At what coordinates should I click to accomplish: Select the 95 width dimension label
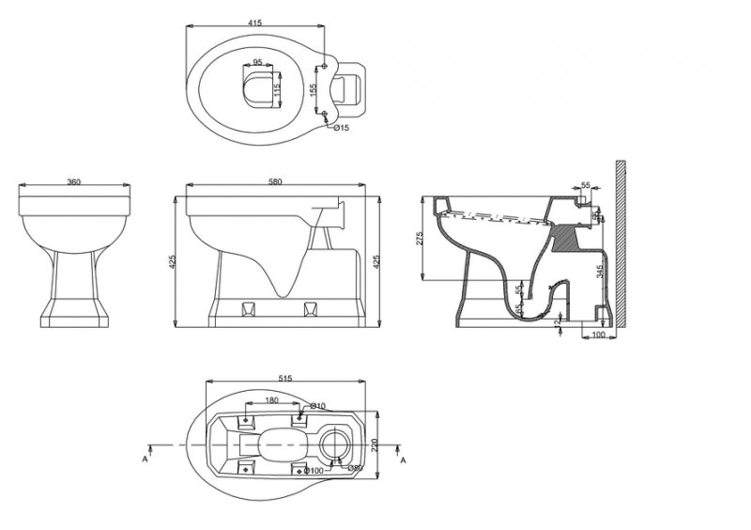click(256, 66)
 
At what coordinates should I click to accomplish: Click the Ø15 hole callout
click(343, 127)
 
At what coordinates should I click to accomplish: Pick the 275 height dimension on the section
click(420, 239)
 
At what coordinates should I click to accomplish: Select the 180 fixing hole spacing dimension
click(269, 401)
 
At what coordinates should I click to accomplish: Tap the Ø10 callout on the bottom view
click(319, 406)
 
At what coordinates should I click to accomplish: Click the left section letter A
click(146, 460)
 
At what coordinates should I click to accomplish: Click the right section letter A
click(403, 460)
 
